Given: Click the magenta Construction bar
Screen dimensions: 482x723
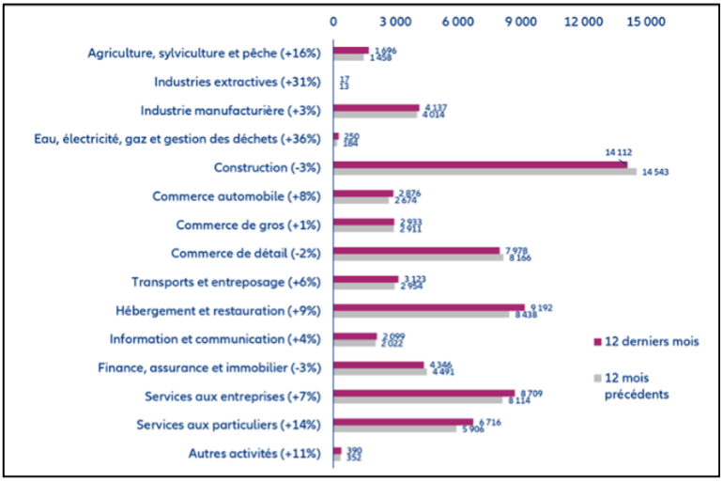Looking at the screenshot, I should [x=480, y=164].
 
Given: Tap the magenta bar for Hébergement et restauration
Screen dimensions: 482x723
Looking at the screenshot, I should [x=428, y=307].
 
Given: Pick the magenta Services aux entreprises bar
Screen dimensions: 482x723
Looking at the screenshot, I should [x=423, y=393].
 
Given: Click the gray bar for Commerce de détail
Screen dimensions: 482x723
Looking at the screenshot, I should [x=418, y=257].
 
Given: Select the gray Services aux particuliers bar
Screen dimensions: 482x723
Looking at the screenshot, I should [x=395, y=428].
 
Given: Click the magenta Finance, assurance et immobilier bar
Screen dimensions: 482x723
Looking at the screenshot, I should [x=378, y=365].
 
